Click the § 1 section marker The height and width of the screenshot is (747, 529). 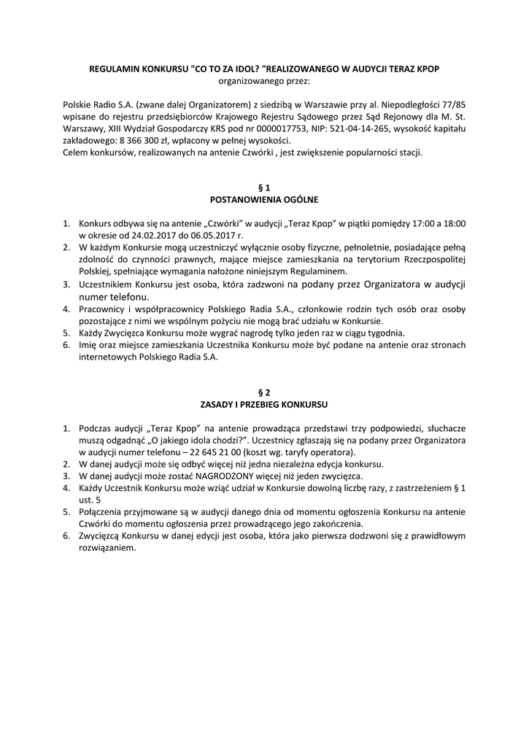tap(264, 187)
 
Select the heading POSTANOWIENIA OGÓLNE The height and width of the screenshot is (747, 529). tap(264, 199)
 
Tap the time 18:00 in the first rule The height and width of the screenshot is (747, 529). tap(452, 223)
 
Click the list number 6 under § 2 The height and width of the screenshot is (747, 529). tap(66, 535)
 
